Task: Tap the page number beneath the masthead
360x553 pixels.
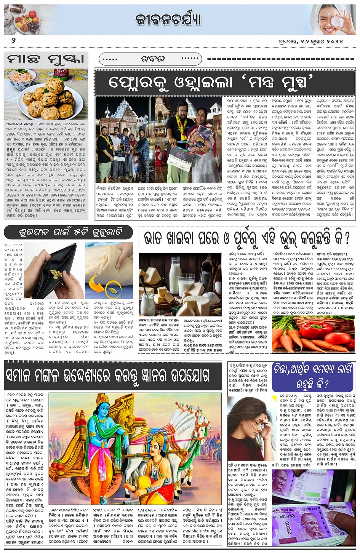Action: pos(13,40)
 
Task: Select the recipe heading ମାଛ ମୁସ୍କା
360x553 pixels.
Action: pos(46,60)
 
